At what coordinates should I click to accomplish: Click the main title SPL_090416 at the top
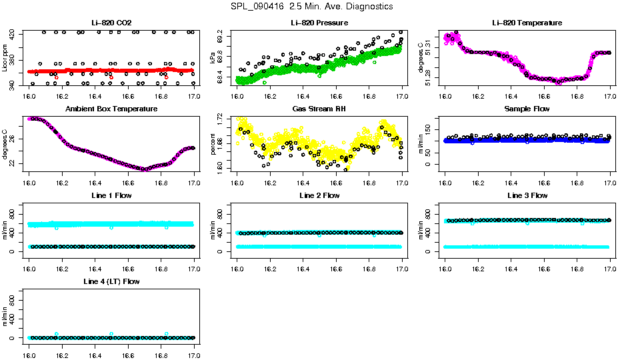pos(311,6)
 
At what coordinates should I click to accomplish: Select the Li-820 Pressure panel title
pos(319,23)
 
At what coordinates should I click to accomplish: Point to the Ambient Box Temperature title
pos(111,109)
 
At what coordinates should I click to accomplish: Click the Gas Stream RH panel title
pos(319,109)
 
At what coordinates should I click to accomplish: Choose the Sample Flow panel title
pos(527,109)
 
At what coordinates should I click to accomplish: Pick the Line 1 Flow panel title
pos(111,195)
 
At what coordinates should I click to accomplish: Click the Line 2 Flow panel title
pos(319,195)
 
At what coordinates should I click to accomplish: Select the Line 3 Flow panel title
pos(527,195)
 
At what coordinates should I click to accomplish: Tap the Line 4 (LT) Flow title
pos(111,281)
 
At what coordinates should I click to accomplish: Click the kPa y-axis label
pos(213,59)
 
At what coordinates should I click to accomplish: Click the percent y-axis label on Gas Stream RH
pos(213,145)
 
